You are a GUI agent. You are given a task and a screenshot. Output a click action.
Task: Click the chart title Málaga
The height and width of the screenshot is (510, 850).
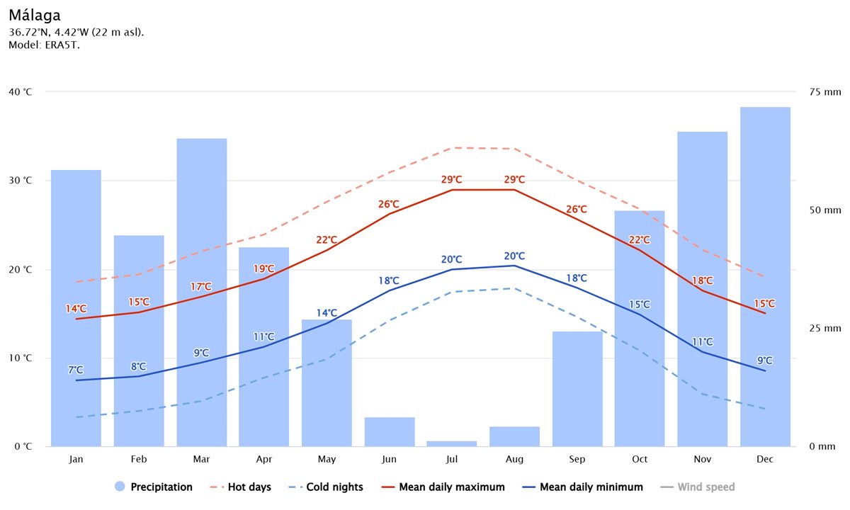coord(35,15)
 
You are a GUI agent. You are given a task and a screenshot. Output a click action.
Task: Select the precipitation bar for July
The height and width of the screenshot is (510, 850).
coord(452,443)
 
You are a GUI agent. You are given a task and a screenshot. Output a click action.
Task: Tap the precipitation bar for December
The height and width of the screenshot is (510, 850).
coord(765,276)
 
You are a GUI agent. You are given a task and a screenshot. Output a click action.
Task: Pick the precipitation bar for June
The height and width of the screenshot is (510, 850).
coord(389,432)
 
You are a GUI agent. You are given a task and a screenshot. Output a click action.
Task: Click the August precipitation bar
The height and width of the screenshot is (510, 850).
coord(514,436)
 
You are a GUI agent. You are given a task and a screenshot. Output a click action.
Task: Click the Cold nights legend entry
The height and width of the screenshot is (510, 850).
coord(327,487)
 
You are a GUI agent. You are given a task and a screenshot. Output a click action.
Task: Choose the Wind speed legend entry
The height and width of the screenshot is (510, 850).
coord(698,487)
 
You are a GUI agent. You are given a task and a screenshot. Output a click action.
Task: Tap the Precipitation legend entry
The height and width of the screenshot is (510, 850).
coord(153,487)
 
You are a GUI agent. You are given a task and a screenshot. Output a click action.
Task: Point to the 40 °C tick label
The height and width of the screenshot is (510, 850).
coord(21,92)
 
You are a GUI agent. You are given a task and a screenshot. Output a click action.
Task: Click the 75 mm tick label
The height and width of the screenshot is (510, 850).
coord(824,92)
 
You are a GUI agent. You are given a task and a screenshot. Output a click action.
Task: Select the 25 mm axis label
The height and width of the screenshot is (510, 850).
coord(824,329)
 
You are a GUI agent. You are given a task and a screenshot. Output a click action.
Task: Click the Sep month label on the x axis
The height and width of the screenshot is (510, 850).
coord(577,460)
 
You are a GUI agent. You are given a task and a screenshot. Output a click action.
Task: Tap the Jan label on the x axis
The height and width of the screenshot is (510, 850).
coord(76,460)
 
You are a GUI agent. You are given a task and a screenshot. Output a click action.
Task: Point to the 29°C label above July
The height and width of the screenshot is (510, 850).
coord(452,180)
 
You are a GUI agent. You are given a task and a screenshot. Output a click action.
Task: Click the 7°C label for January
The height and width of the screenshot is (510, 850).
coord(76,370)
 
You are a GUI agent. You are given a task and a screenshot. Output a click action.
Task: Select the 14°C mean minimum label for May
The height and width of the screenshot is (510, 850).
coord(327,313)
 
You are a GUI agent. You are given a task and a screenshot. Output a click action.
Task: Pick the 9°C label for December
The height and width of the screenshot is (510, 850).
coord(765,360)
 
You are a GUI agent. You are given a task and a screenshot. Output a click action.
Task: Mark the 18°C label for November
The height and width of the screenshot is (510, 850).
coord(703,280)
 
